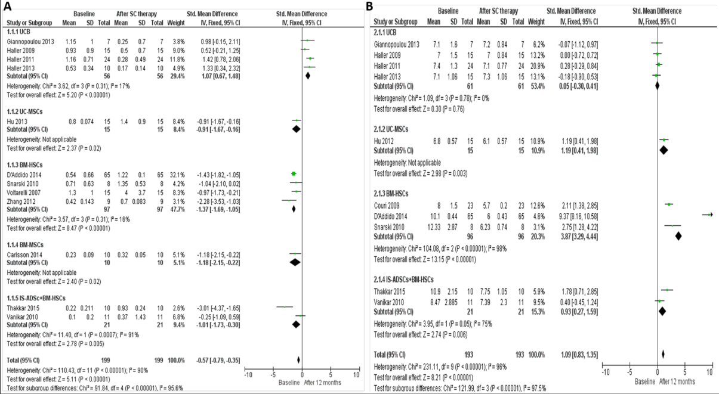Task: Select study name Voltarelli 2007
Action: coord(24,191)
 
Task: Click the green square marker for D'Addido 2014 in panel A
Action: coord(293,173)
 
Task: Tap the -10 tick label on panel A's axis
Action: coord(247,374)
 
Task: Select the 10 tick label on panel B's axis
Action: coord(709,372)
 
